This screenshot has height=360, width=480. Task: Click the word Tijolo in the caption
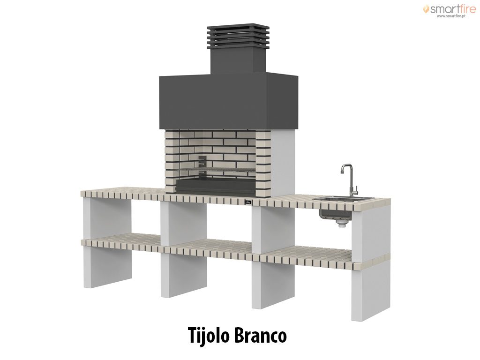tap(209, 336)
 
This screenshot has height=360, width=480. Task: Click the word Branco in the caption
tap(261, 336)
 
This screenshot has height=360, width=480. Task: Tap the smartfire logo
tap(450, 9)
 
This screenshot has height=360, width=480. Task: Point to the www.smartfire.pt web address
tap(451, 16)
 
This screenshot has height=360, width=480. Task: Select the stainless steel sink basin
tap(343, 200)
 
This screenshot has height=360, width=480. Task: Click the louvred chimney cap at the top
tap(238, 36)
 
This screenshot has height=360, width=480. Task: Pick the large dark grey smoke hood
tap(228, 101)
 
